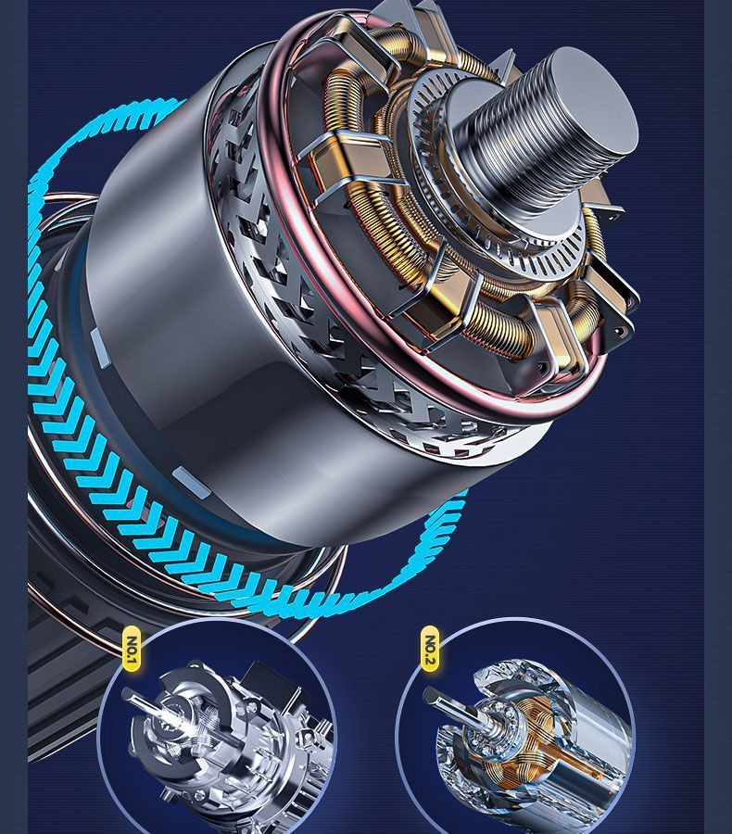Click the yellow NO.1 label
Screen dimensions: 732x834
pos(132,648)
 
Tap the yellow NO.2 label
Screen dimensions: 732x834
pos(430,648)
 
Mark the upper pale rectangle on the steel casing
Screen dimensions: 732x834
pos(100,347)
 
